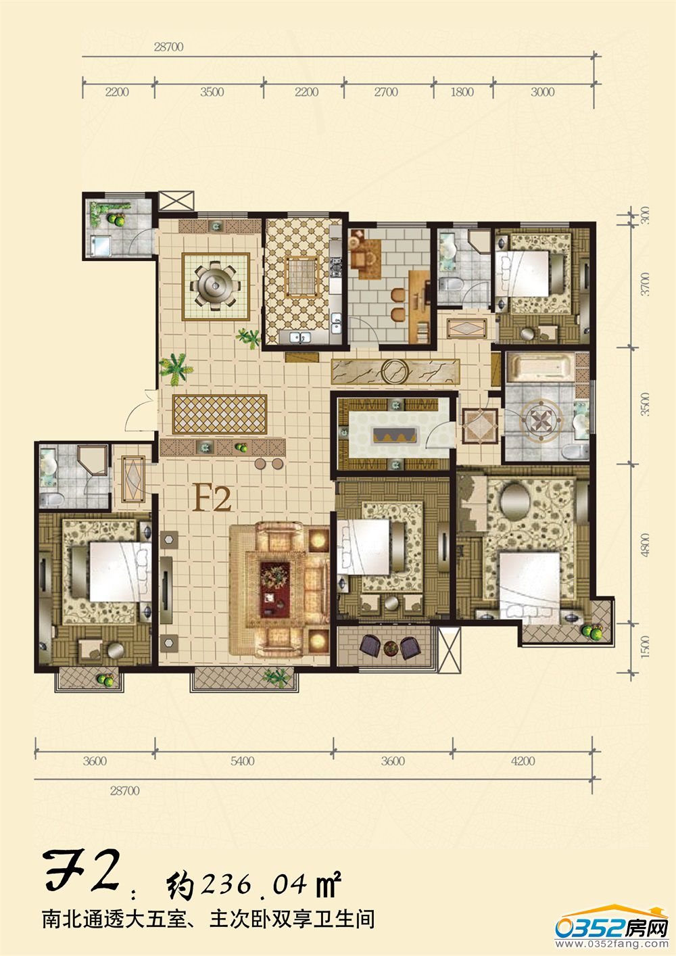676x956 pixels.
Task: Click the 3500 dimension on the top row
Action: [x=212, y=92]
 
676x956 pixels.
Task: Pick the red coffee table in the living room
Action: [x=275, y=589]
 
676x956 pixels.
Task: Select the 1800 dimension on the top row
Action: [x=462, y=92]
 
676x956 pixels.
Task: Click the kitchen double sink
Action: [x=300, y=337]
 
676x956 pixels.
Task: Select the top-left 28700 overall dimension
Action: [x=168, y=47]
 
